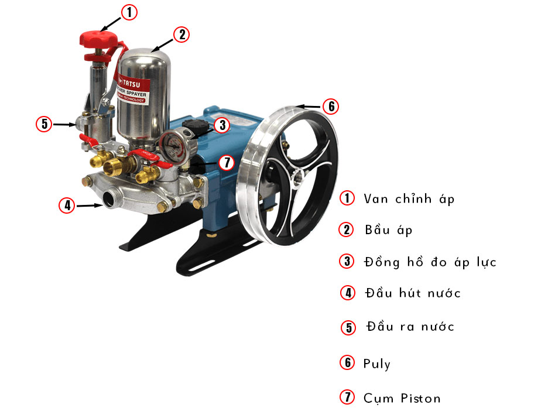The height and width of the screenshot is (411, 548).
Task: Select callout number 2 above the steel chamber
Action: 182,35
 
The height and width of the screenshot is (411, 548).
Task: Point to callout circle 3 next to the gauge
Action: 221,125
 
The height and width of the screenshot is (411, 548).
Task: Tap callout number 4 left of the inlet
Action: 67,205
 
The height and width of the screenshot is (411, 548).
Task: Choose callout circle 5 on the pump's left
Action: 43,124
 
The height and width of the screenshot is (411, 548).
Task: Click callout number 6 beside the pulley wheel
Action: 331,107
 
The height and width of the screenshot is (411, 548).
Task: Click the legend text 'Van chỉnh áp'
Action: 409,198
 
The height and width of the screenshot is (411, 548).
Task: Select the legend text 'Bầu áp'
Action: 388,230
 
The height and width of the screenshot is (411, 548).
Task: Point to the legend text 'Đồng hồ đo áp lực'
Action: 429,262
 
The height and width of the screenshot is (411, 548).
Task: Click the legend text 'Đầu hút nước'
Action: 412,293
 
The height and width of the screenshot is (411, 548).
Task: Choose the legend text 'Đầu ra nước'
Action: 409,326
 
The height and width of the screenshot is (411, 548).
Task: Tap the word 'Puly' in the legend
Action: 376,364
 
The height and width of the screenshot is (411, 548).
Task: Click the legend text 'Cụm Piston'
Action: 401,398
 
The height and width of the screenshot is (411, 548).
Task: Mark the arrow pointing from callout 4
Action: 90,205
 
